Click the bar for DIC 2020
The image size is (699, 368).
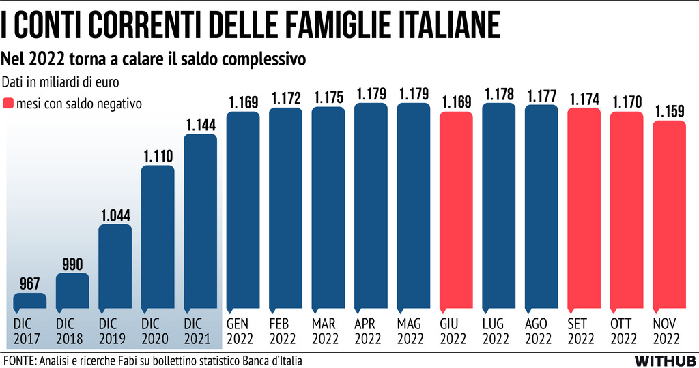(x=158, y=238)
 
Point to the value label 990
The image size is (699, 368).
(x=72, y=264)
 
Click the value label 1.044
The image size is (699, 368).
(x=115, y=215)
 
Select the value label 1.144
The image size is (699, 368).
(x=200, y=125)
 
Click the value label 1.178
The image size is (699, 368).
(x=498, y=94)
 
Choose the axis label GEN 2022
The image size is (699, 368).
(x=242, y=331)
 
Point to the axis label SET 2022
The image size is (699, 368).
(x=584, y=331)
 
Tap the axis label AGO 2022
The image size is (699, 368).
(x=541, y=331)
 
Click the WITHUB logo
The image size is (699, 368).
(x=664, y=360)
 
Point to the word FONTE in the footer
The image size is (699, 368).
(x=19, y=360)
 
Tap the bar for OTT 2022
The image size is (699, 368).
(x=627, y=211)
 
